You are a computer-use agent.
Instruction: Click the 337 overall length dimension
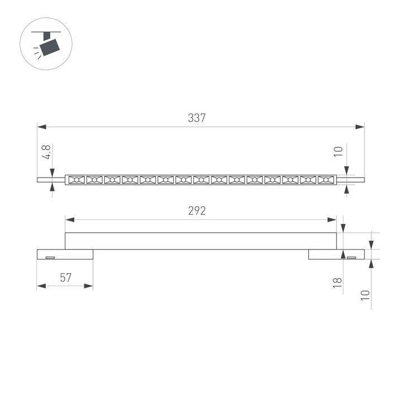(197, 118)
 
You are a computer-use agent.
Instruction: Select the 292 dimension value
(197, 211)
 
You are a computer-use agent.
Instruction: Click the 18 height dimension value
(337, 282)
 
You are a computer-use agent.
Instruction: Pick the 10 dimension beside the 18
(365, 295)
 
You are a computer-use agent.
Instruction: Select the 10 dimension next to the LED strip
(337, 152)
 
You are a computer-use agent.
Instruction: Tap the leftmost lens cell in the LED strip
(76, 180)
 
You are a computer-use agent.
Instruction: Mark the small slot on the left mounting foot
(50, 257)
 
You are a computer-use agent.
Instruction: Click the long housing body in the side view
(201, 241)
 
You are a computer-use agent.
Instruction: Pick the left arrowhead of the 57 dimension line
(41, 286)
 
